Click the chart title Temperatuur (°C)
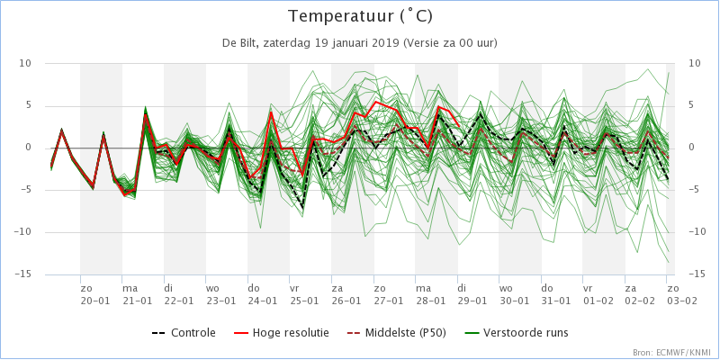[359, 16]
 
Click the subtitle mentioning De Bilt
[359, 42]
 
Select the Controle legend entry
[186, 332]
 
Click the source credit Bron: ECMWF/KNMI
[670, 353]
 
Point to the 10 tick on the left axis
[25, 63]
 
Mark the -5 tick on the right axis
[696, 190]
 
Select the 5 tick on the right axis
[693, 105]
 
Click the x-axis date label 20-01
[94, 300]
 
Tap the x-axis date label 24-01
[262, 300]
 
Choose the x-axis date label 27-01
[388, 300]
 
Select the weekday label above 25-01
[293, 288]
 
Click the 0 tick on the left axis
[28, 148]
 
